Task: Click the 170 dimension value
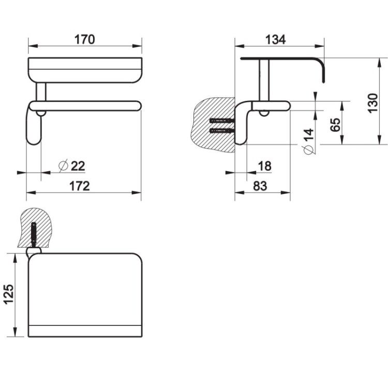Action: click(85, 40)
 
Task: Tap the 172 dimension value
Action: click(80, 186)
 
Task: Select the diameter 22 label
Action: click(72, 166)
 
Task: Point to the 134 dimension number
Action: click(275, 40)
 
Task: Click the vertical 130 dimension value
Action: click(373, 103)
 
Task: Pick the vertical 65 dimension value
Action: click(335, 125)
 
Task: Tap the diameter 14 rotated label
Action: click(308, 141)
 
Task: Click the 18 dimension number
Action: click(265, 166)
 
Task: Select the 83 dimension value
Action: click(260, 186)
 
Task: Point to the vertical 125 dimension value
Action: click(8, 294)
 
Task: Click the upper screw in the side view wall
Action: click(221, 121)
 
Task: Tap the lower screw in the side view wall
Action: click(221, 131)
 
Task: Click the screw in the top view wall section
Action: click(34, 234)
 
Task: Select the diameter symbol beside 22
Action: click(63, 166)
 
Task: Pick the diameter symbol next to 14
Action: click(308, 150)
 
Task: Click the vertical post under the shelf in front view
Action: click(41, 92)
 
